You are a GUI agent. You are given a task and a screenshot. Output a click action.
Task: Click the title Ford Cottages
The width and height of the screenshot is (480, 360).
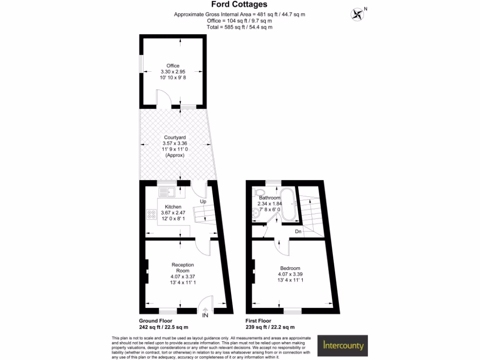[x=239, y=5]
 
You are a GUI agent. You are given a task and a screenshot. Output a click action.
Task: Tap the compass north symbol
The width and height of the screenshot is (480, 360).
[x=358, y=14]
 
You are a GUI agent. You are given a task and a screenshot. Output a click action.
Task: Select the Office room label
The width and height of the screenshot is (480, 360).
[x=172, y=66]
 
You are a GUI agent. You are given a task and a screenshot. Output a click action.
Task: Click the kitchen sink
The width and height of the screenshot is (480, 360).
[x=166, y=191]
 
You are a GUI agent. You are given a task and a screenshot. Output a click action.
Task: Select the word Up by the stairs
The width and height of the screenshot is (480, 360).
[x=203, y=202]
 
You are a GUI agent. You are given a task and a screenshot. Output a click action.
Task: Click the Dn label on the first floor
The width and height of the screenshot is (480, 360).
[x=298, y=232]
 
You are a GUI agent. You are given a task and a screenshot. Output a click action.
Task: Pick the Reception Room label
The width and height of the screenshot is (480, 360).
[x=182, y=268]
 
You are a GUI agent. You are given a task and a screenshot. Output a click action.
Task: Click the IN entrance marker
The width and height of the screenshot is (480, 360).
[x=205, y=315]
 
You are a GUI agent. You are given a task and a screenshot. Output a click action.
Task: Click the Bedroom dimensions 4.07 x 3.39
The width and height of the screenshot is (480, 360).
[x=289, y=274]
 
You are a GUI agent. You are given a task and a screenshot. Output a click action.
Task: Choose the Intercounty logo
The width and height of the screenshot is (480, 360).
[x=343, y=346]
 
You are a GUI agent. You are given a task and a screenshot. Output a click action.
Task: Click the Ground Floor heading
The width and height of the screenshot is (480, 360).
[x=156, y=321]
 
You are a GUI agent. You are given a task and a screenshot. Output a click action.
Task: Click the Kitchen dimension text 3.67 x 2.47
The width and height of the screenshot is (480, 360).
[x=174, y=213]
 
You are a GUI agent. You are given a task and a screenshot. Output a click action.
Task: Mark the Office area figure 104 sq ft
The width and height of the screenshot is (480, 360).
[x=239, y=21]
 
